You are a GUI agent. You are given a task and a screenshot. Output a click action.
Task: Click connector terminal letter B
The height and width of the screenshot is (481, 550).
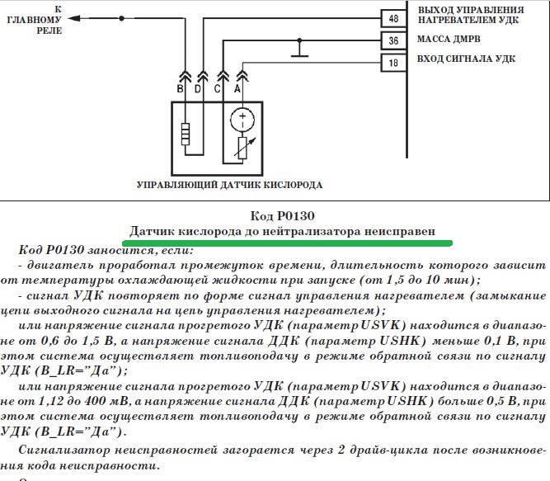(x=180, y=87)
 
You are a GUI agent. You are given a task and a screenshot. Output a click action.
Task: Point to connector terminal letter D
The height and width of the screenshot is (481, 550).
(x=198, y=87)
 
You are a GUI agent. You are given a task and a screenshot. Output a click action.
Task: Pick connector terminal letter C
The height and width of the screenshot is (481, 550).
(x=217, y=87)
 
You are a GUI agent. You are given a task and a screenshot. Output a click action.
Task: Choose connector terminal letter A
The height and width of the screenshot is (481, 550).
(x=237, y=87)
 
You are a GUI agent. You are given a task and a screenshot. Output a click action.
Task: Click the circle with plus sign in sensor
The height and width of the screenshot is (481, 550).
(x=243, y=118)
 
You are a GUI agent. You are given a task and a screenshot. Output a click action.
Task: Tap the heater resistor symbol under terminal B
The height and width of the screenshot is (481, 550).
(x=186, y=134)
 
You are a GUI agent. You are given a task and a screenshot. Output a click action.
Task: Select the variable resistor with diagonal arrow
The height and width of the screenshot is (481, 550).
(x=243, y=148)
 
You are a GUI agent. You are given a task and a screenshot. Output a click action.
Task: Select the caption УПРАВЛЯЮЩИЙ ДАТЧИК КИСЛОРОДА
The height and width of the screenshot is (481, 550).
(x=229, y=185)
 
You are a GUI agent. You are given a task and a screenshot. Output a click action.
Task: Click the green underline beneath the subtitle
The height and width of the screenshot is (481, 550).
(x=287, y=243)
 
